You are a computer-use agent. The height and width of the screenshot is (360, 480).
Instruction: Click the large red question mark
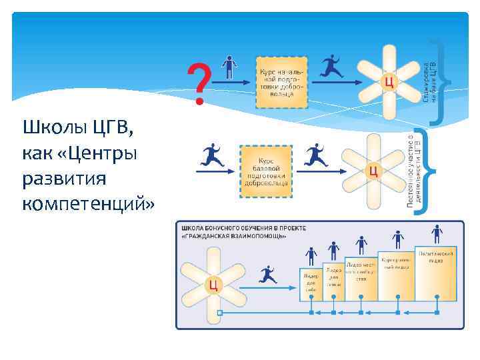click(198, 83)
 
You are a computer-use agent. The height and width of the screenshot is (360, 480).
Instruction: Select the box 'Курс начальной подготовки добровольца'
click(281, 83)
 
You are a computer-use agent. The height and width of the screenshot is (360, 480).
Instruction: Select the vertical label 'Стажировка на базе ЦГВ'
click(429, 79)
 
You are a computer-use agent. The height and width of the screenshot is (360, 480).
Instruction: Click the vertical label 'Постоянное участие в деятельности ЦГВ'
click(413, 169)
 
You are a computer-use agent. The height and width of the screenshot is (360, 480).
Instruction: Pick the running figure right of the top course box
click(332, 67)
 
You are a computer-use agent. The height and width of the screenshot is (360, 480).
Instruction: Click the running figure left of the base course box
click(212, 156)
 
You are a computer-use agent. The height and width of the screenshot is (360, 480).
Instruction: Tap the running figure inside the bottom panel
click(267, 274)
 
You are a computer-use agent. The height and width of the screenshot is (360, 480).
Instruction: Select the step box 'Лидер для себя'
click(311, 283)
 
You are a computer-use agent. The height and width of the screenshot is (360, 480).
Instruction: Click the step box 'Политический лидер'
click(436, 273)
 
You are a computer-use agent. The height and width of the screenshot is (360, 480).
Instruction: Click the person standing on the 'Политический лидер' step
click(437, 235)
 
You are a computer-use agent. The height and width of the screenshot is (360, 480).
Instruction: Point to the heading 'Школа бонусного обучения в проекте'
click(244, 228)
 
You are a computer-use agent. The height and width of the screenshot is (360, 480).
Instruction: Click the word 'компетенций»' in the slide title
click(87, 203)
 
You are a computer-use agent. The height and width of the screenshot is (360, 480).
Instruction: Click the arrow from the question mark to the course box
click(231, 83)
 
